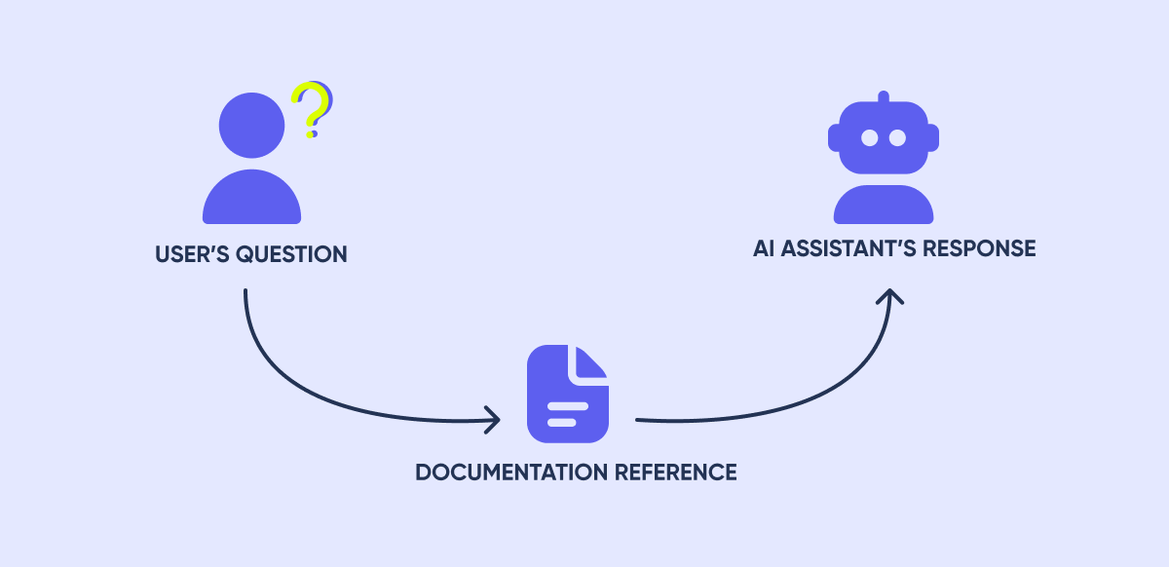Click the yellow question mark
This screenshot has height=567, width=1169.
coord(311,108)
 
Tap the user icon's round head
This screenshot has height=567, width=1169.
coord(251,126)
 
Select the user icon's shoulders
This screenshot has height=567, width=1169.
coord(251,200)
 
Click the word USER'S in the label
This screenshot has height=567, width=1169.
coord(187,255)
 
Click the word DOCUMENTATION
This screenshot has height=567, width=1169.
coord(511,472)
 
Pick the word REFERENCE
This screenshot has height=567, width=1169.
coord(676,472)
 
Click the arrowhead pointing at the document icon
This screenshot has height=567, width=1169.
coord(494,421)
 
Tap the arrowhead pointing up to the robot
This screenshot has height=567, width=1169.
coord(888,294)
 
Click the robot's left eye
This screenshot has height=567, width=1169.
coord(869,138)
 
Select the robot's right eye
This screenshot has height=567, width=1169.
coord(898,138)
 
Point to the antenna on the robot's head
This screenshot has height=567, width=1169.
coord(884,98)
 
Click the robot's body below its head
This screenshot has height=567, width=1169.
coord(884,205)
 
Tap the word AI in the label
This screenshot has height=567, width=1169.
coord(765,248)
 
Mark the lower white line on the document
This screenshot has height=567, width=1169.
coord(561,422)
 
